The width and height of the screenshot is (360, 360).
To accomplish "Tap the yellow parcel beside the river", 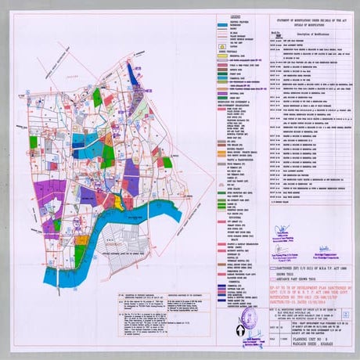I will (117, 200).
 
